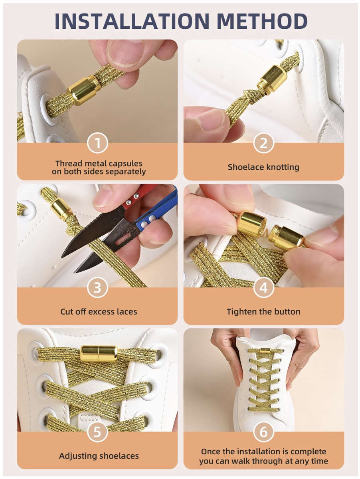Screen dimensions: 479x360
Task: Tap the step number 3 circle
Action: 97,288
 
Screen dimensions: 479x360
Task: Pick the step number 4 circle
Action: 263,288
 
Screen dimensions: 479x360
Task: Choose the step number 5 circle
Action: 97,432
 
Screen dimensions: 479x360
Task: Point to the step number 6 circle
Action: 263,432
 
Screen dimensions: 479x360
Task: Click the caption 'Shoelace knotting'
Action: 263,167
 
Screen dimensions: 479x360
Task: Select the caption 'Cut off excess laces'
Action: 99,311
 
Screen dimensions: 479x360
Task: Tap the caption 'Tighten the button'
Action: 263,311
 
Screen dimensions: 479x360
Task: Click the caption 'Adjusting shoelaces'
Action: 99,456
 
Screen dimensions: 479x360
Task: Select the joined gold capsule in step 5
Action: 99,353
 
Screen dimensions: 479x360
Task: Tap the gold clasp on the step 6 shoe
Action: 265,350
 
